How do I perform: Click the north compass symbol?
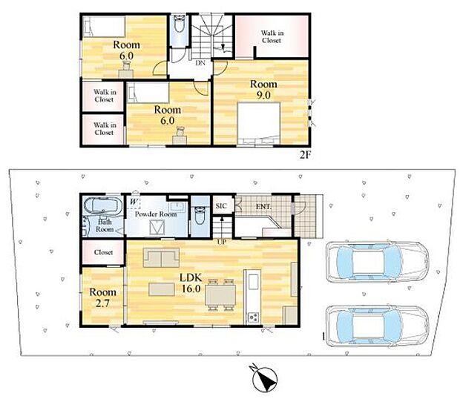[265, 379]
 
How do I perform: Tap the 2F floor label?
[305, 154]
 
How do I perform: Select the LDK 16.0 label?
[191, 283]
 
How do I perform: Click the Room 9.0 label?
[263, 90]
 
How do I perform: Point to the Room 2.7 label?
[102, 297]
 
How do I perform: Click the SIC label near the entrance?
[221, 206]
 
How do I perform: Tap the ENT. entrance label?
[263, 207]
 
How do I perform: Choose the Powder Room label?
[156, 214]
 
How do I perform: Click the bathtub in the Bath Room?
[102, 205]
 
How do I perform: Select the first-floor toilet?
[200, 215]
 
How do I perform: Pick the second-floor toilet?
[178, 24]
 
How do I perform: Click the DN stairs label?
[200, 63]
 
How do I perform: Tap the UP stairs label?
[222, 243]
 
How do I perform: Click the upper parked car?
[378, 262]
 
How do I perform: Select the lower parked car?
[378, 326]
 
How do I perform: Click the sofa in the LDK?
[161, 257]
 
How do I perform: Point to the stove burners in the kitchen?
[253, 317]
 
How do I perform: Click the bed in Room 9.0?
[259, 123]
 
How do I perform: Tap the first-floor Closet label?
[103, 252]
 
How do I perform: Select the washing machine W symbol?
[134, 202]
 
